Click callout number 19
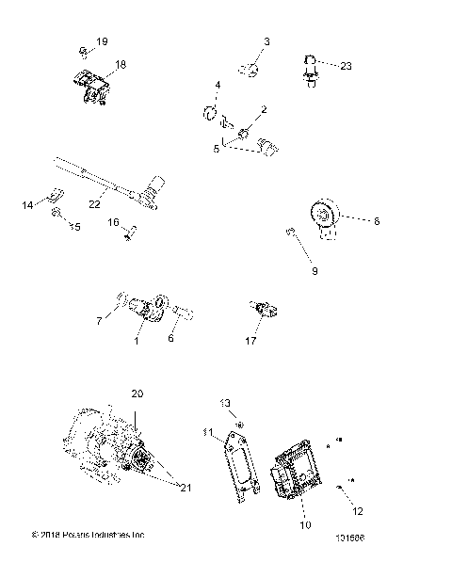[x=102, y=42]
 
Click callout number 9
[x=315, y=271]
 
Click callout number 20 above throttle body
[x=137, y=393]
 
